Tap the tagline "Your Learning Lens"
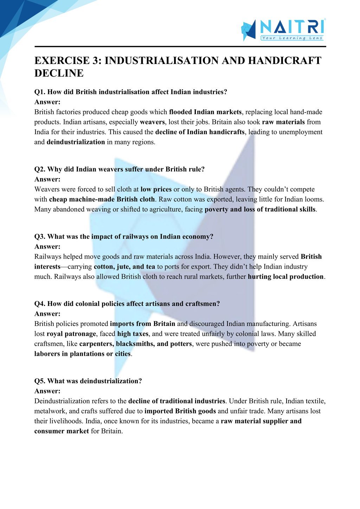292,38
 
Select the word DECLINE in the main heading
59,73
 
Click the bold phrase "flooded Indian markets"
205,112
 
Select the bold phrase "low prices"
156,189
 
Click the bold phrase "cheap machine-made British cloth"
102,199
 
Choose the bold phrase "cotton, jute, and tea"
124,267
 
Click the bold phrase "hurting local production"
285,276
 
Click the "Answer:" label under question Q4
47,314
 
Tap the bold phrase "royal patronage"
71,334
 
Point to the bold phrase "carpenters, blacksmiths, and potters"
136,344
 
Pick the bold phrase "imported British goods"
180,411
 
